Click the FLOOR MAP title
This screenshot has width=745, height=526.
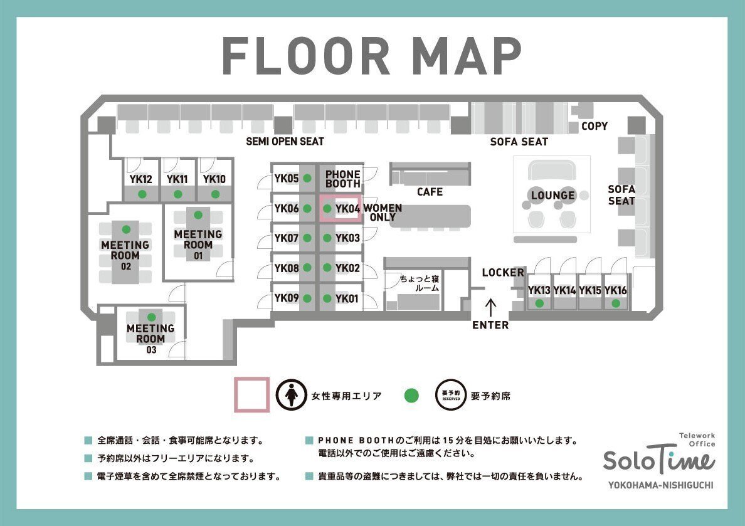coord(372,56)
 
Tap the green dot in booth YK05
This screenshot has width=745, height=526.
coord(307,179)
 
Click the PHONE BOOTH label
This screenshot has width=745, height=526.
coord(343,179)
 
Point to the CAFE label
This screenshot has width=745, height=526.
coord(430,192)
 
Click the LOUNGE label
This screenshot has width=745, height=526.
coord(552,196)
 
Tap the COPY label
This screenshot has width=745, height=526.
coord(594,126)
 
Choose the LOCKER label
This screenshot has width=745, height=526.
coord(503,273)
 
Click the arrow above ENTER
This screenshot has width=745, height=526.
coord(490,307)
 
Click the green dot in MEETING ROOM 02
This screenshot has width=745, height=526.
coord(126,229)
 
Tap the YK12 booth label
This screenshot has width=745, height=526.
coord(141,179)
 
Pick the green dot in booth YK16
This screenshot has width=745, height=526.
coord(616,303)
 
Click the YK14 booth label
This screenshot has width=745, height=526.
coord(564,290)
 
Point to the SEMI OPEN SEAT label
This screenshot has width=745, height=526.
coord(285,142)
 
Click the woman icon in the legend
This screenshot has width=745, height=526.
coord(291,395)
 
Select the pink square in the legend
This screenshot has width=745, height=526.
coord(252,394)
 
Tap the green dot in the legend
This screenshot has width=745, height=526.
coord(411,395)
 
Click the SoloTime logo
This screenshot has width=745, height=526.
coord(658,460)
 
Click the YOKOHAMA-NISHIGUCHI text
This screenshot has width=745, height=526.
coord(660,485)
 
